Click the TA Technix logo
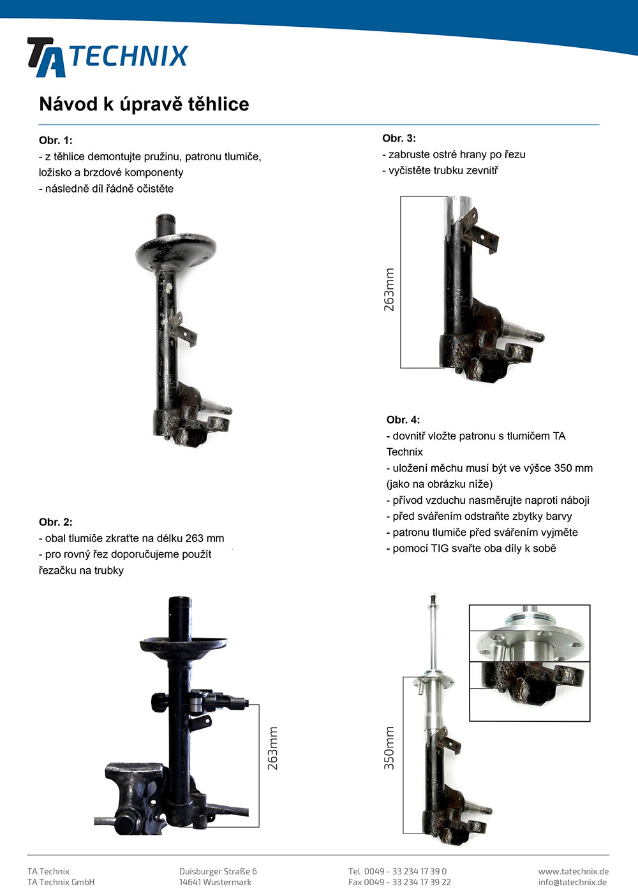[x=107, y=57]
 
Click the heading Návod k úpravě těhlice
[x=144, y=105]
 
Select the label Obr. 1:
[x=56, y=140]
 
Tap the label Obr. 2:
[x=56, y=522]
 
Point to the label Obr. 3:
[x=399, y=138]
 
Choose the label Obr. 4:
[x=403, y=420]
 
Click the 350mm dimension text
[x=389, y=747]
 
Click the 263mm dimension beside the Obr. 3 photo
[x=389, y=290]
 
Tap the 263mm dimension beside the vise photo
[x=272, y=748]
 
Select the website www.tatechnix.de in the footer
[x=574, y=871]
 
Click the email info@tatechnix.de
[x=572, y=882]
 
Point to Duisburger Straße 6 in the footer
[x=218, y=871]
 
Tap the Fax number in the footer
[x=399, y=882]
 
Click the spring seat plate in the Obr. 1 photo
[x=176, y=252]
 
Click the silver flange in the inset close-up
[x=530, y=639]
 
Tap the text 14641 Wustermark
[x=215, y=882]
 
